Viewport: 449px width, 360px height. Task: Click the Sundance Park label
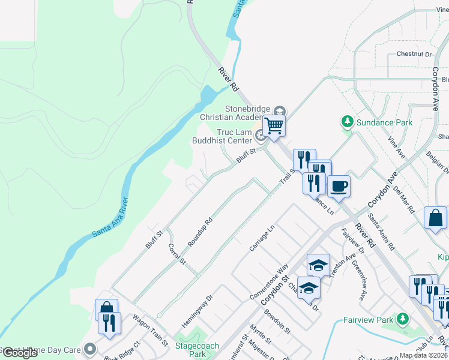tap(384, 122)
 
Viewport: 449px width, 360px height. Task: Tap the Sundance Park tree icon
tap(347, 122)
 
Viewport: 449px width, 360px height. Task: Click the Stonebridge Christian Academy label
tap(248, 113)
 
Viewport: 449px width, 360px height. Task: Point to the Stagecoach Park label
tap(195, 351)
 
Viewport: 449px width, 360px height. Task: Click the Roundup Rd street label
tap(201, 231)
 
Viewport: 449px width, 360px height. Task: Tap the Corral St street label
tap(178, 254)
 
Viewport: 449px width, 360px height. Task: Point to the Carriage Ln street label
tap(262, 238)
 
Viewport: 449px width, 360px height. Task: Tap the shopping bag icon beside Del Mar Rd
tap(435, 218)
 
